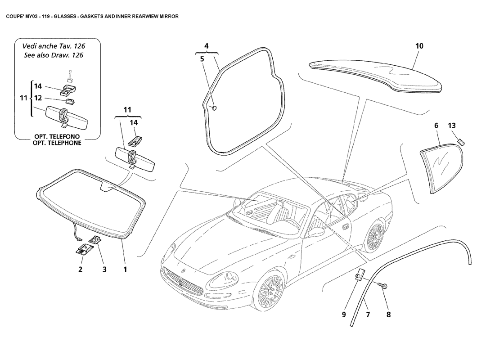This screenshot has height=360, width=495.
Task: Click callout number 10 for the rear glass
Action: coord(419,46)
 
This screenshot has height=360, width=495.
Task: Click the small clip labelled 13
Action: coord(460,141)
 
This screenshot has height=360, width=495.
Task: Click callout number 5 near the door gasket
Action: coord(202,59)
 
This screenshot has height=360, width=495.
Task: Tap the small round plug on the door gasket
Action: coord(214,108)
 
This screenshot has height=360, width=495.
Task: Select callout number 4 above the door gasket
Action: coord(206,46)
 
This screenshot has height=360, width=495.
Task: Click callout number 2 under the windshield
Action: coord(81,270)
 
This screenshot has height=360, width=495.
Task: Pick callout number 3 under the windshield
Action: coord(104,270)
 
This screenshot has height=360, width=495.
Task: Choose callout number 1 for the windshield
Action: coord(125,270)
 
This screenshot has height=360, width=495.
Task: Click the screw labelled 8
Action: coord(382,285)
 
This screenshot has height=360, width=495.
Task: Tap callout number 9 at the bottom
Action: coord(343,315)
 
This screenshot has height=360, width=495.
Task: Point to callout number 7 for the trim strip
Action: coord(367,315)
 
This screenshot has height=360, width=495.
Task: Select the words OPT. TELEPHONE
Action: coord(56,143)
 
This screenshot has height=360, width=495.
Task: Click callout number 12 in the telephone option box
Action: coord(38,98)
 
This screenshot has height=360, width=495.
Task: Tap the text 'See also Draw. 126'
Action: coord(54,55)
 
